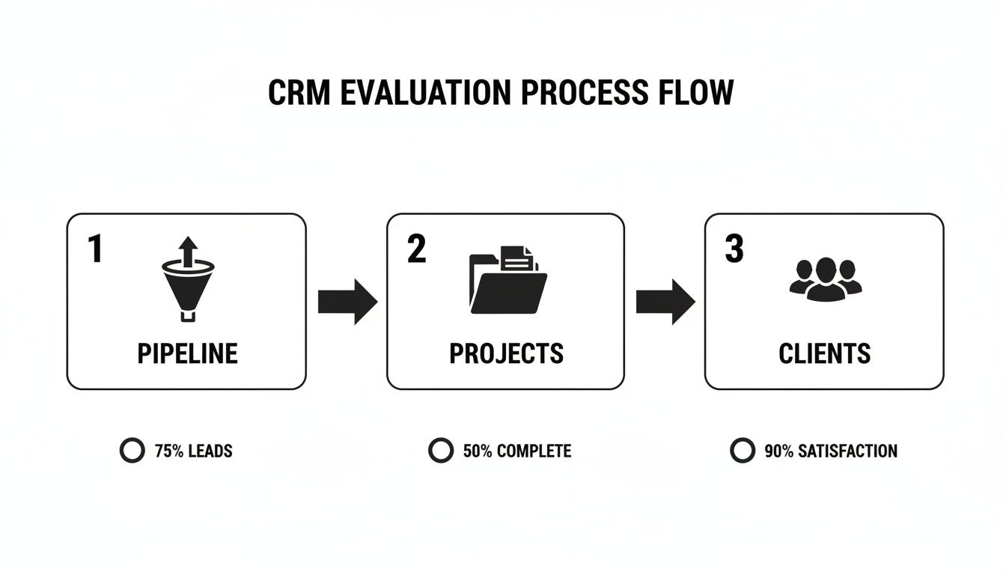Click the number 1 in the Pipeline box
tap(95, 249)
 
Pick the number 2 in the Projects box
tap(416, 249)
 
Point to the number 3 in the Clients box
tap(734, 249)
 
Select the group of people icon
tap(825, 279)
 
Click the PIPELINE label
tap(187, 353)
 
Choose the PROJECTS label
tap(506, 353)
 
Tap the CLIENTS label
tap(824, 353)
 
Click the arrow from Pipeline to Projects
tap(347, 302)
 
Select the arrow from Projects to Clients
tap(665, 302)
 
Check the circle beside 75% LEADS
tap(132, 451)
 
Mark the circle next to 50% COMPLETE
tap(440, 451)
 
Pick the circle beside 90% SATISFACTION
tap(742, 451)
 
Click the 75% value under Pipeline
tap(168, 451)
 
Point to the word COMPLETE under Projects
tap(534, 451)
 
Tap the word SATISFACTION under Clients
tap(847, 451)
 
